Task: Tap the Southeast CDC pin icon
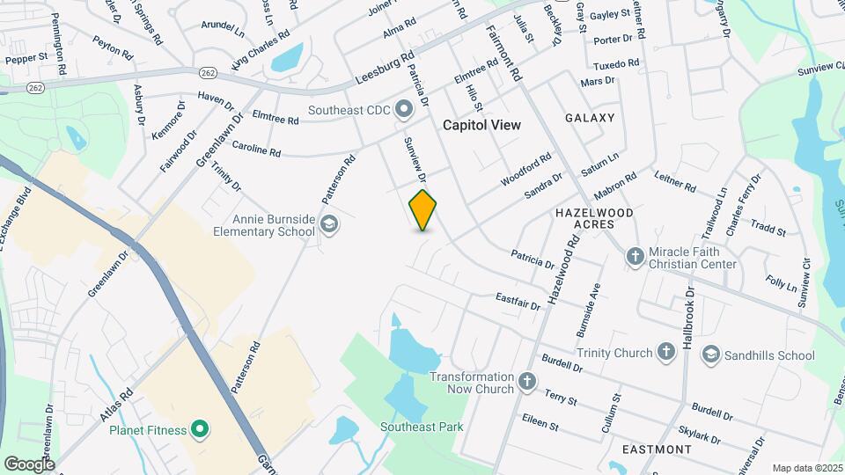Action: point(405,110)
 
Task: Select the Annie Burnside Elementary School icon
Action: point(329,224)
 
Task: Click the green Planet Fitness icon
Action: point(200,430)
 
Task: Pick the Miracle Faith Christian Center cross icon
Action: point(635,256)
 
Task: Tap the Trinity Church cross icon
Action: point(666,353)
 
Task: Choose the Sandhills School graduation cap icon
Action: point(709,354)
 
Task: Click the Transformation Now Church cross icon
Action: point(527,382)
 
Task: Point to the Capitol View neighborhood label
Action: point(481,125)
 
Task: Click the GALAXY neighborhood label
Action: point(590,118)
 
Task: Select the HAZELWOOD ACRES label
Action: point(594,219)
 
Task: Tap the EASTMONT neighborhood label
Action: point(657,449)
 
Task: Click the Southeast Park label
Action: point(422,427)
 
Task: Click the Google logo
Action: point(29,464)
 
